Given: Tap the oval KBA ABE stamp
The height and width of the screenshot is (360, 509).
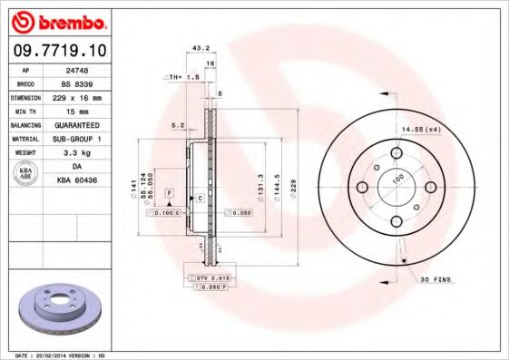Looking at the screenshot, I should click(x=25, y=173).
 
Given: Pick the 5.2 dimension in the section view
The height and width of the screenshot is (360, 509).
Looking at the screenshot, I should click(x=179, y=125).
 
